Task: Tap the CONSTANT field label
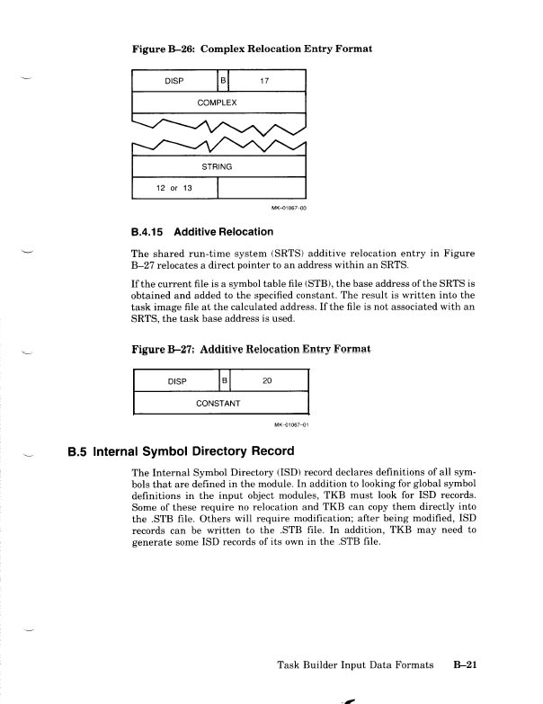[218, 402]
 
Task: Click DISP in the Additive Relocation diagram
[177, 380]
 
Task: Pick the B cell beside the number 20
[225, 380]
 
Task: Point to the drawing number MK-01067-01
[289, 423]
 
